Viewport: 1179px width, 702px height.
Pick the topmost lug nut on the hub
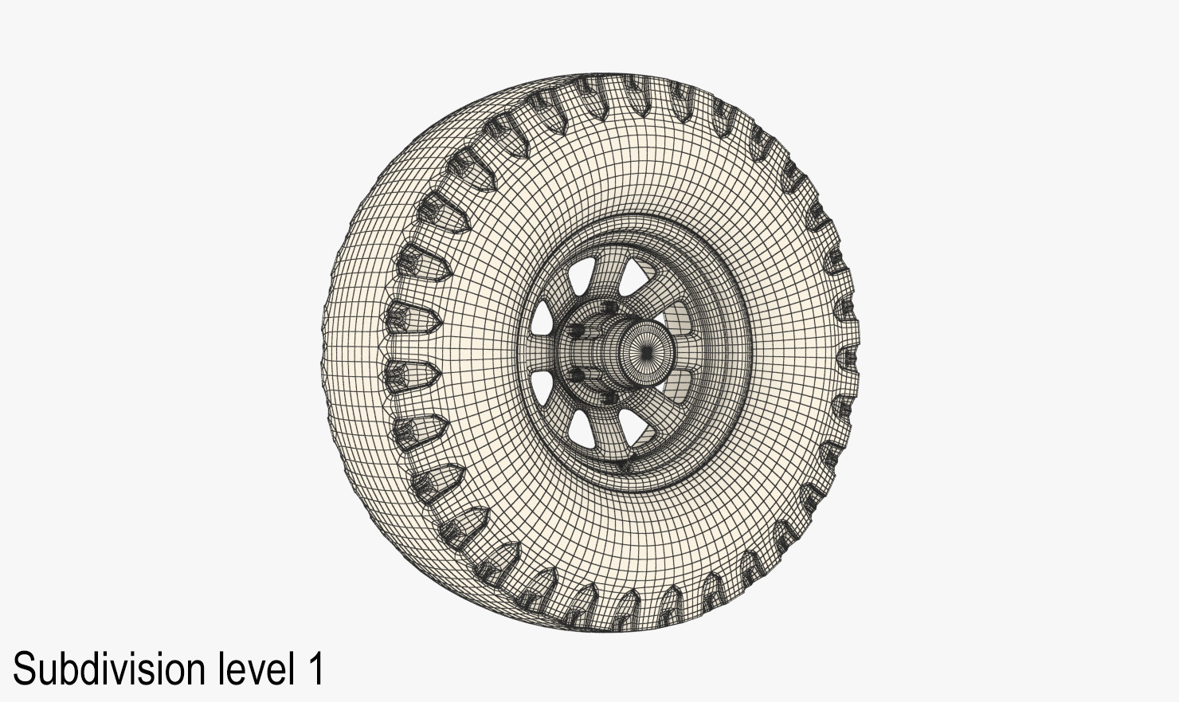click(x=609, y=308)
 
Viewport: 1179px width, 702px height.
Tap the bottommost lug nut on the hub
click(x=609, y=396)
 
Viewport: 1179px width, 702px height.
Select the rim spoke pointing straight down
click(x=613, y=434)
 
